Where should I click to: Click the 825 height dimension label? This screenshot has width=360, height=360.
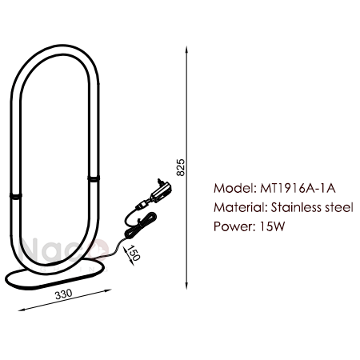181,167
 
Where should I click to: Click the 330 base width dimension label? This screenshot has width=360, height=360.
63,294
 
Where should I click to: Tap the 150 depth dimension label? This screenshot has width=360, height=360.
134,253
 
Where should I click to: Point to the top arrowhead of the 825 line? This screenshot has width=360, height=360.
186,50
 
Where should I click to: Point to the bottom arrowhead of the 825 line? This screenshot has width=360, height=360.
186,286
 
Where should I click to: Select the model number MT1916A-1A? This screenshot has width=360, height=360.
298,188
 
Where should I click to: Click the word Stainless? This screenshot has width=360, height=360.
296,207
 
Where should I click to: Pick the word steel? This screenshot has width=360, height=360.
339,207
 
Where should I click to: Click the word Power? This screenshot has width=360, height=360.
233,226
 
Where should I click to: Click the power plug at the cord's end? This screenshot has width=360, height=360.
161,190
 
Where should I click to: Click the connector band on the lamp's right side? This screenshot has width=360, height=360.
94,178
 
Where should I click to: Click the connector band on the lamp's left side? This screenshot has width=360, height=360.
16,196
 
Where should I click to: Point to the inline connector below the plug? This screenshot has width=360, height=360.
142,205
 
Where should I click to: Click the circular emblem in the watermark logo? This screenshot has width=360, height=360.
99,250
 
